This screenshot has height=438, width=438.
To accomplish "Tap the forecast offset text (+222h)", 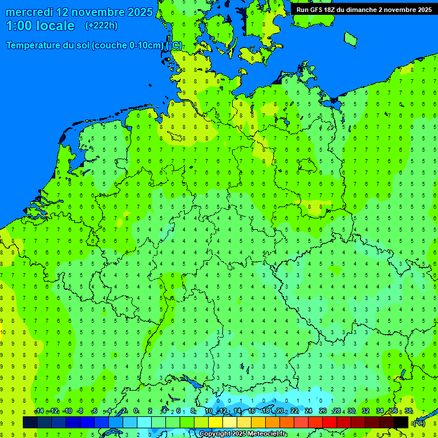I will (x=101, y=26).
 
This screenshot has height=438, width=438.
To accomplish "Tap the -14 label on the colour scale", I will (x=39, y=411).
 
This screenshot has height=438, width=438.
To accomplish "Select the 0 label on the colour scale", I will (x=136, y=411).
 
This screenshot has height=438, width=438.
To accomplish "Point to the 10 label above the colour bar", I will (x=209, y=411).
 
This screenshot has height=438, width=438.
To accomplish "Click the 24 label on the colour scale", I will (x=309, y=411).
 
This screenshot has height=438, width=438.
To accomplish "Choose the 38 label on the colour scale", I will (x=408, y=411).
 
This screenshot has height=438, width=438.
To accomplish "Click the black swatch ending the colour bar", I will (x=401, y=422).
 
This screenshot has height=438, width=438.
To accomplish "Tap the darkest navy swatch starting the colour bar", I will (x=30, y=422).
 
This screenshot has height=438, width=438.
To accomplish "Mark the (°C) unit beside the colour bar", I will (x=419, y=423).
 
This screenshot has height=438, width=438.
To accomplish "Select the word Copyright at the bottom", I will (x=215, y=434).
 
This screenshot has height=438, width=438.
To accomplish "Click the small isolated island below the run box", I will (x=350, y=38).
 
